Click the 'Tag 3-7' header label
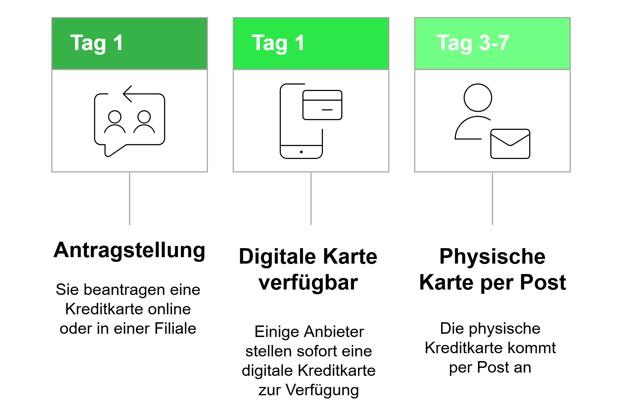(473, 43)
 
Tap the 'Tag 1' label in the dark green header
(96, 43)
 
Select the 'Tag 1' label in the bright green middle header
(278, 43)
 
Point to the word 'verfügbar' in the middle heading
(308, 282)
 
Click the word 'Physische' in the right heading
(492, 257)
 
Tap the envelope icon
(510, 144)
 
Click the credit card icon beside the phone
(322, 105)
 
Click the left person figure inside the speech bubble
(115, 122)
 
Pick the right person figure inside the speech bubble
(144, 122)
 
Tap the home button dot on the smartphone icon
(301, 152)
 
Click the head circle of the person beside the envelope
(478, 98)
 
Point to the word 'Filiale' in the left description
(175, 328)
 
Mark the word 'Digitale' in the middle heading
(278, 257)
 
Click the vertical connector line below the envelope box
(492, 199)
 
